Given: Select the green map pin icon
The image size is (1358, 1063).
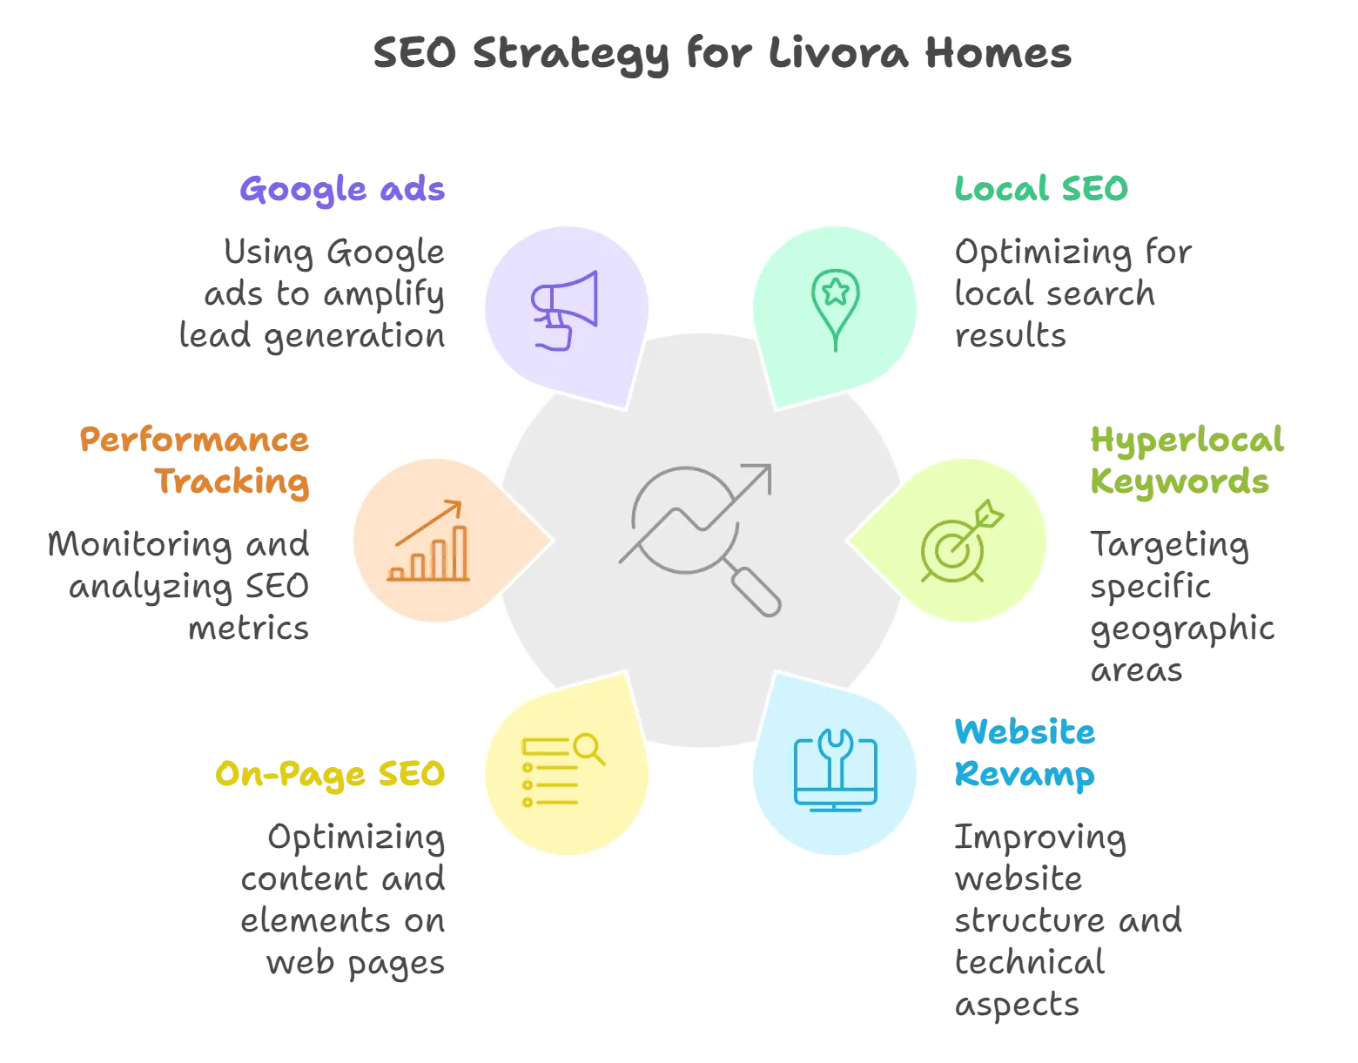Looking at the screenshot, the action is pyautogui.click(x=836, y=310).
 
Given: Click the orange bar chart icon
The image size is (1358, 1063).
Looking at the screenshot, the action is pyautogui.click(x=428, y=542).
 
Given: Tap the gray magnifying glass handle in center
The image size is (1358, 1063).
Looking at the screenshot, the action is pyautogui.click(x=756, y=592).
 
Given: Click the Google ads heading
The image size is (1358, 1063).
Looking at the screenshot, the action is pyautogui.click(x=342, y=190).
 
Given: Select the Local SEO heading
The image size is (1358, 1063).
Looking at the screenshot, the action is pyautogui.click(x=1042, y=189).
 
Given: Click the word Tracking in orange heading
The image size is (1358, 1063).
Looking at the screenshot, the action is pyautogui.click(x=232, y=482).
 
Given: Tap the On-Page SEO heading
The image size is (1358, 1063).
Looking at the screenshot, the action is pyautogui.click(x=331, y=775).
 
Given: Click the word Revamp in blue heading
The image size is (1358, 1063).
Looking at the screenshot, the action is pyautogui.click(x=1025, y=775).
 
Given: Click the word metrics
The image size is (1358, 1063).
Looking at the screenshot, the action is pyautogui.click(x=249, y=629).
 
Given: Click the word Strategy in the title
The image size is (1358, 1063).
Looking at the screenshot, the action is pyautogui.click(x=571, y=55).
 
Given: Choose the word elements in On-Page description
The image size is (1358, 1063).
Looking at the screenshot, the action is pyautogui.click(x=316, y=921).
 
